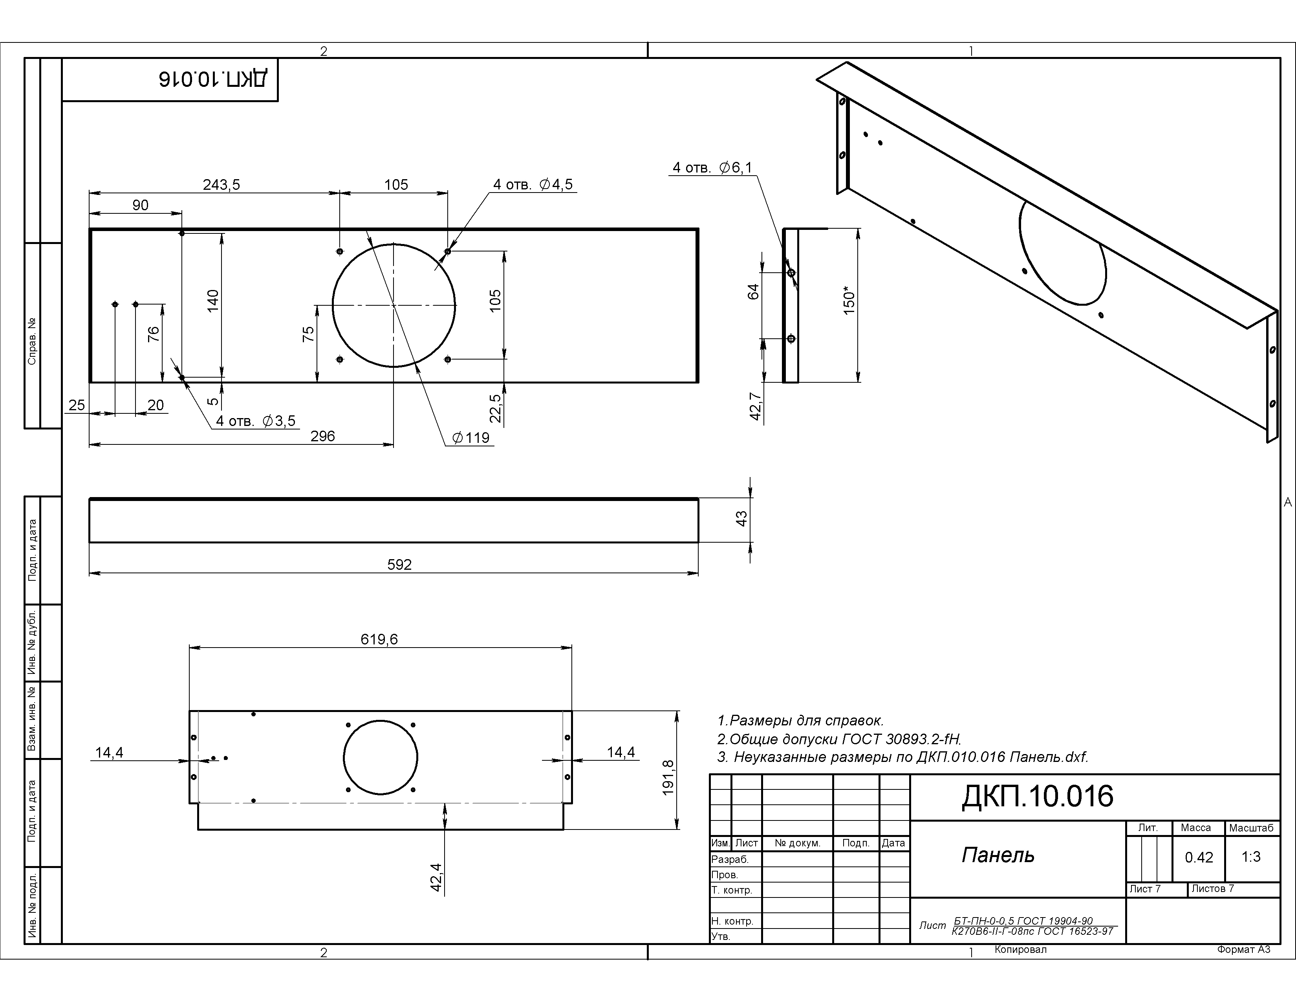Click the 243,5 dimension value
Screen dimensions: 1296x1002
point(221,185)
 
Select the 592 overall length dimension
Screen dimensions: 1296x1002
point(399,565)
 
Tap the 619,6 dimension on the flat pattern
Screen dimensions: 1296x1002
point(379,639)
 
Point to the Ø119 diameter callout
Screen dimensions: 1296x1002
point(470,438)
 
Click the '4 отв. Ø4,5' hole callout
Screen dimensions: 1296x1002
point(533,185)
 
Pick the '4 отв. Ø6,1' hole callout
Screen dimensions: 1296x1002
point(712,168)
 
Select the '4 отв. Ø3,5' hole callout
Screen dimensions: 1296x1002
point(256,422)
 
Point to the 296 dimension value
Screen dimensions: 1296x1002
point(323,436)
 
